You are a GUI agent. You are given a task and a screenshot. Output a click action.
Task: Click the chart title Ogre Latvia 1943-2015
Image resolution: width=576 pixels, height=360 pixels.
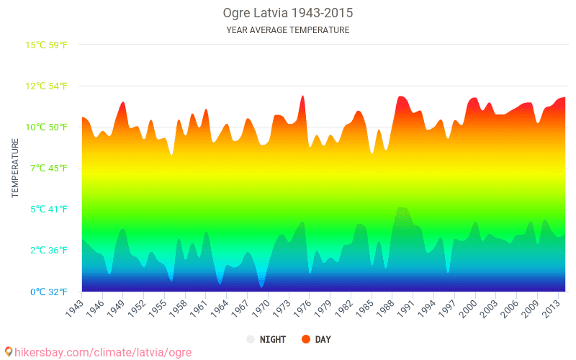point(287,13)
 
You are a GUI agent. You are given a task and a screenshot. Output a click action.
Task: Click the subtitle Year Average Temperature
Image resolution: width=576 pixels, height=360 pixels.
point(287,30)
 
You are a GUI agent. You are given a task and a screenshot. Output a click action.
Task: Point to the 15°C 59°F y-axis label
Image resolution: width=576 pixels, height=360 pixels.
point(47,45)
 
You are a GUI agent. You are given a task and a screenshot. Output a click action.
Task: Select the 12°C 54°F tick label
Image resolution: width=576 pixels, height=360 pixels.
point(47,86)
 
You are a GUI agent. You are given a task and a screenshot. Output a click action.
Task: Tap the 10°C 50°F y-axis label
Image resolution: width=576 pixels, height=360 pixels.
point(47,127)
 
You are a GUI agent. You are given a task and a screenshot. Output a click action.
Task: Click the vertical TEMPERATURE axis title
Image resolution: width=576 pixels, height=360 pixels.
point(14,168)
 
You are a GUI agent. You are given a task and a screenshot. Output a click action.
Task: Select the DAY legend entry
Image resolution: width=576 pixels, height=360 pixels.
point(317,339)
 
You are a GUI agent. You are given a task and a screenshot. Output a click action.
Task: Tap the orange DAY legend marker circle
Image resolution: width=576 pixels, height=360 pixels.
point(306,339)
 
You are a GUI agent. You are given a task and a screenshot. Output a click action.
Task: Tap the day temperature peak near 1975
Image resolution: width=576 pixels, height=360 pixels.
point(302,96)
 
